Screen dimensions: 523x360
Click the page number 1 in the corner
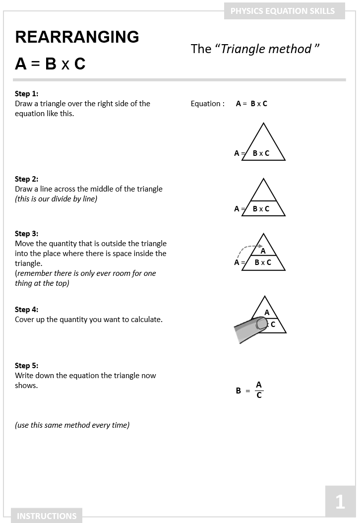click(x=340, y=502)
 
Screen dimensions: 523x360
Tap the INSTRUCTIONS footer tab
click(x=47, y=516)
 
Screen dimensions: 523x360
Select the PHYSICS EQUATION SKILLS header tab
click(x=283, y=10)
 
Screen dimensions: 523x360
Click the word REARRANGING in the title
click(x=77, y=37)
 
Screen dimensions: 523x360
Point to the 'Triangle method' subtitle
click(x=255, y=49)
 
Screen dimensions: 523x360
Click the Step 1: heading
click(x=26, y=93)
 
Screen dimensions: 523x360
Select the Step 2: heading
click(x=26, y=179)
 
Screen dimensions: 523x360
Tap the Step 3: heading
click(x=26, y=233)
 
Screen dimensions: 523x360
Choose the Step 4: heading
click(x=26, y=309)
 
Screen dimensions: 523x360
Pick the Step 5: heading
click(x=26, y=365)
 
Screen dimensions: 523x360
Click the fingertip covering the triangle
click(x=261, y=324)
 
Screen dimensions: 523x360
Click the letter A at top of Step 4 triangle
click(x=267, y=312)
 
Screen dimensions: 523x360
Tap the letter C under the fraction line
click(x=259, y=395)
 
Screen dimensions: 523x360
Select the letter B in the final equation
click(x=239, y=391)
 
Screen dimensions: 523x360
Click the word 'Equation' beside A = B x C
click(x=205, y=104)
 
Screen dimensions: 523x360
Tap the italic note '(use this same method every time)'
click(x=72, y=425)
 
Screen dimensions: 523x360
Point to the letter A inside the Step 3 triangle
click(x=263, y=251)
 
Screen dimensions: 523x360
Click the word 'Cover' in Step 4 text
click(x=24, y=319)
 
